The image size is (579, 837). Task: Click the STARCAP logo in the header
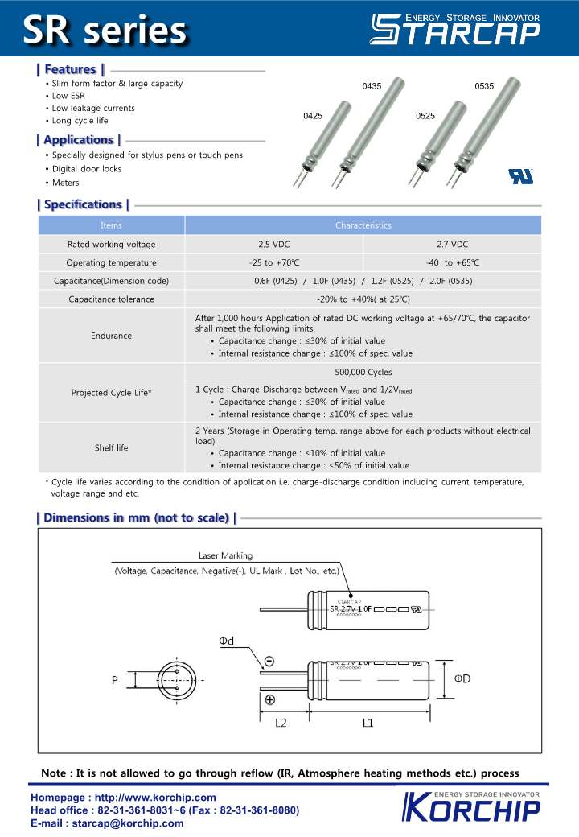(x=454, y=28)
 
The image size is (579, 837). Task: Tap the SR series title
(x=105, y=30)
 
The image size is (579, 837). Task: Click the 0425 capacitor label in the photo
(x=313, y=116)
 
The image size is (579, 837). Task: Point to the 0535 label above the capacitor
(x=484, y=86)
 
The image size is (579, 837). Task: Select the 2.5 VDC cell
(x=274, y=245)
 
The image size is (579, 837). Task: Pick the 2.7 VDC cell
(x=452, y=245)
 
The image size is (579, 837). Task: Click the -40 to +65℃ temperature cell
(x=452, y=263)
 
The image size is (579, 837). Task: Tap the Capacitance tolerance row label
(x=111, y=299)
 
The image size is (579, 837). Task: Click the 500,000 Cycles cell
(x=363, y=373)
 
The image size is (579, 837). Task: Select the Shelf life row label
(x=111, y=447)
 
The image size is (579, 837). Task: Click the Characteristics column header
(x=363, y=226)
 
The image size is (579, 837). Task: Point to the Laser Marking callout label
(x=225, y=555)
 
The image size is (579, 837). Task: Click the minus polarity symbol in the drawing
(x=269, y=661)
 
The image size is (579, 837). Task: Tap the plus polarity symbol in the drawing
(x=269, y=699)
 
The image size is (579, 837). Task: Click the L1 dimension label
(x=368, y=723)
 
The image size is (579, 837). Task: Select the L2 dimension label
(x=281, y=723)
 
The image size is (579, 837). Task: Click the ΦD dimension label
(x=462, y=678)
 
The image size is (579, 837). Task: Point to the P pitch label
(x=115, y=681)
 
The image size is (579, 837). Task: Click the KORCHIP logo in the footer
(x=470, y=807)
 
